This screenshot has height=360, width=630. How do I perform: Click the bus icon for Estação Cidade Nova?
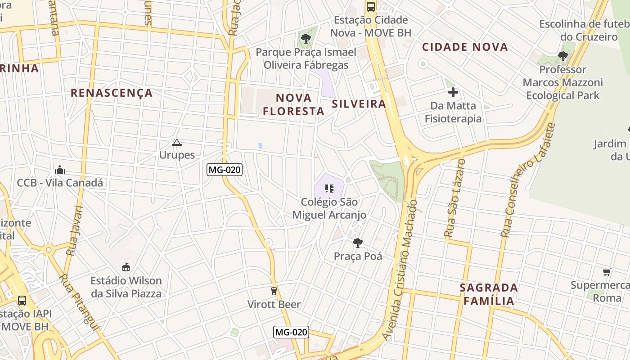point(371,7)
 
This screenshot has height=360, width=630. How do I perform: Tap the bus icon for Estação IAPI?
point(22,300)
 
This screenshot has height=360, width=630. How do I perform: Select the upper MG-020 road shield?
point(225,170)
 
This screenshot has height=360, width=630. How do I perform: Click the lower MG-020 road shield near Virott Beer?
point(291,332)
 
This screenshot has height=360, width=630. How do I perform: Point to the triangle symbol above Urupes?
point(176,143)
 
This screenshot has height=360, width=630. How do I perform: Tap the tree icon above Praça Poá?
point(358,243)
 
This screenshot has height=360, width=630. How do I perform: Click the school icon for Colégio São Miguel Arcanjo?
point(329,188)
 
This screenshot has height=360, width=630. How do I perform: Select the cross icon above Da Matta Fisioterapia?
point(453,93)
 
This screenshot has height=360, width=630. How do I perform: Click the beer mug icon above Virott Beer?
point(274,291)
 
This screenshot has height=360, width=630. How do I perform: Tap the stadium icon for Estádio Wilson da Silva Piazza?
point(126,267)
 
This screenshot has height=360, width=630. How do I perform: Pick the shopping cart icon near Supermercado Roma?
point(607,272)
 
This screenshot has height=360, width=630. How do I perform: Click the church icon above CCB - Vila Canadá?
point(59,170)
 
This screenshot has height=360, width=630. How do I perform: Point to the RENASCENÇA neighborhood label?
point(112,93)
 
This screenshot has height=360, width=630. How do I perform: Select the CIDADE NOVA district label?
point(465,47)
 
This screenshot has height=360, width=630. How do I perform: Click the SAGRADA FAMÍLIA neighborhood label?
point(489,294)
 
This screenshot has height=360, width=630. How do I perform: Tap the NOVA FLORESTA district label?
point(294,104)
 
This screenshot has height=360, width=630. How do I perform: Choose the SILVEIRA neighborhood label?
point(359,104)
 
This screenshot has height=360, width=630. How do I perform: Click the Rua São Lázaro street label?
point(454,198)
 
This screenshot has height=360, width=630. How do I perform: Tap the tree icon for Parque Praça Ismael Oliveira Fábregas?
point(306,39)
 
